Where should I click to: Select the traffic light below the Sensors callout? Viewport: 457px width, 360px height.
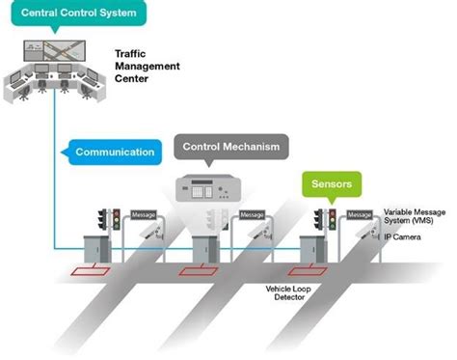click(x=330, y=218)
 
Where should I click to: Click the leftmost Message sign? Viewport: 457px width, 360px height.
click(x=142, y=214)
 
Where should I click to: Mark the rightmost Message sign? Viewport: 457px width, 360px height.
click(x=359, y=214)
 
